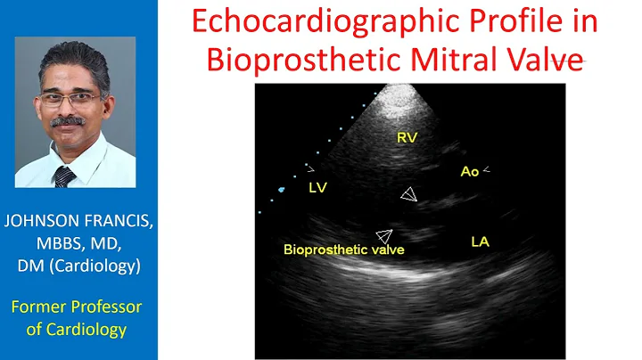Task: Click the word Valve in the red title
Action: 540,59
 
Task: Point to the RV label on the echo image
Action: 407,138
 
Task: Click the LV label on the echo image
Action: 319,187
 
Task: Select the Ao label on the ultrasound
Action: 470,171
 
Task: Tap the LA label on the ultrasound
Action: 480,241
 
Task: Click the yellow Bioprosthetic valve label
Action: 343,250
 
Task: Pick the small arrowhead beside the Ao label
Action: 487,169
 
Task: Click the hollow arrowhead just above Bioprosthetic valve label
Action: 384,235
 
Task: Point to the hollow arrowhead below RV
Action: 407,194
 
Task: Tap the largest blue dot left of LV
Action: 283,189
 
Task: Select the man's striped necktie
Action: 65,176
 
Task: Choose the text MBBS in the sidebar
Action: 54,244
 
